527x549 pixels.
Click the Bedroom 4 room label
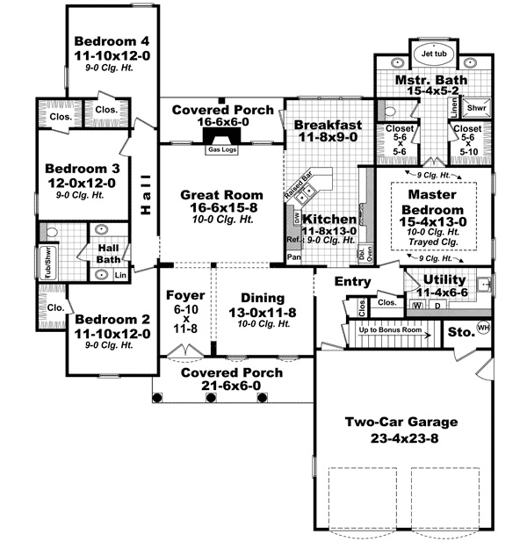[x=112, y=40]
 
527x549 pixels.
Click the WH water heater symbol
[x=482, y=328]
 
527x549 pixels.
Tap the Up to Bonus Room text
[x=387, y=330]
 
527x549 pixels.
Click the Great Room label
[x=218, y=195]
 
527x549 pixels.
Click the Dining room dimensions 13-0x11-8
[x=263, y=313]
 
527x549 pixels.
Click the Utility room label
[x=444, y=278]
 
